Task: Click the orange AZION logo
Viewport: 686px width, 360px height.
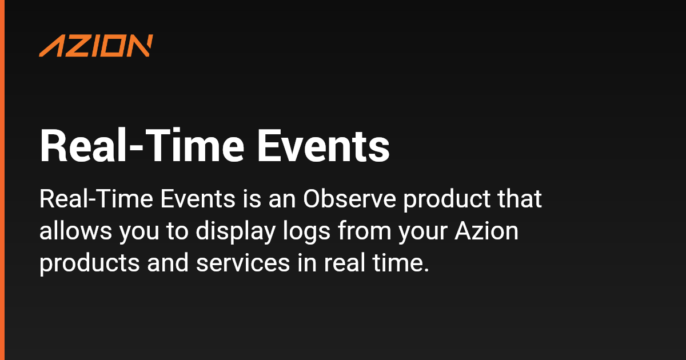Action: [x=96, y=46]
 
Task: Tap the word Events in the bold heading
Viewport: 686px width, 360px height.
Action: [x=324, y=146]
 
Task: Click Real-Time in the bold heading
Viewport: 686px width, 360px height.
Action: [x=142, y=146]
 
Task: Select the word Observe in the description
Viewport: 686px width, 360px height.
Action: [x=349, y=199]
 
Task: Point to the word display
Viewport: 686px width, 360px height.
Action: [x=236, y=231]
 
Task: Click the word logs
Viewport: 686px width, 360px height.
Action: [x=306, y=231]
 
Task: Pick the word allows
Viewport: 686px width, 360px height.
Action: [x=75, y=231]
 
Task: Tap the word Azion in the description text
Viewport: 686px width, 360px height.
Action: [x=486, y=231]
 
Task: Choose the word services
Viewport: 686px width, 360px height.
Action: [x=243, y=263]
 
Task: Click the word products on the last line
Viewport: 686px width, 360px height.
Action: [x=89, y=264]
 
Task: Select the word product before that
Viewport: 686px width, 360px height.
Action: [x=446, y=199]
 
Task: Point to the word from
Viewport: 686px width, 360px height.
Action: [x=365, y=230]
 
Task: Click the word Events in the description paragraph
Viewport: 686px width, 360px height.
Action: [x=198, y=199]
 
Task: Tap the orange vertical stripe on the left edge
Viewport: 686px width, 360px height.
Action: [x=2, y=180]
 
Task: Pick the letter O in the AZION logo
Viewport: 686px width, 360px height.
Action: [x=115, y=46]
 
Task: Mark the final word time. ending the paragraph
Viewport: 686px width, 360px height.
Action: [x=401, y=263]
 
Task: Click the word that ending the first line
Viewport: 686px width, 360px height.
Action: [x=520, y=198]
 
